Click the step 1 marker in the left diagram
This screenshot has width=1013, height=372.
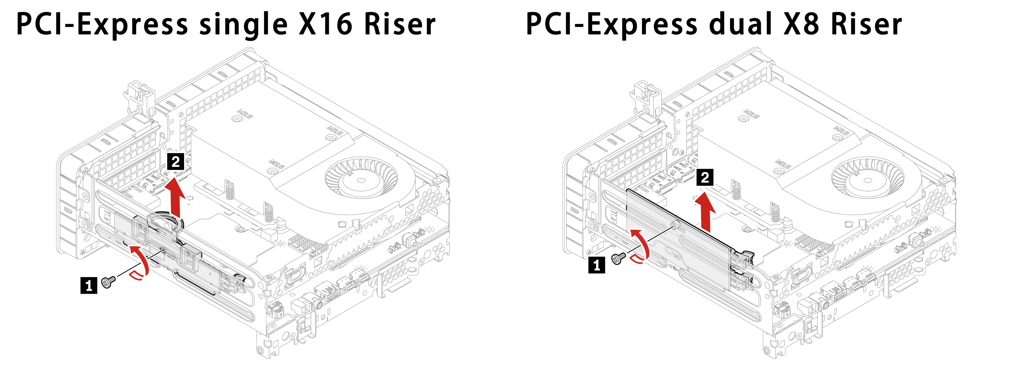pos(89,285)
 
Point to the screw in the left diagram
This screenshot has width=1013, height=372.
pos(108,282)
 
